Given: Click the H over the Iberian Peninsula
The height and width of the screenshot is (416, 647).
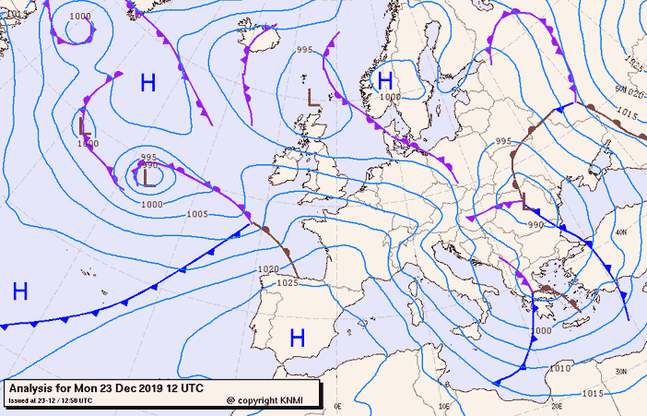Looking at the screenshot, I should coord(297,338).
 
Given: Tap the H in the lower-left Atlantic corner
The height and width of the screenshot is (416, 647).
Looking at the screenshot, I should coord(20,291).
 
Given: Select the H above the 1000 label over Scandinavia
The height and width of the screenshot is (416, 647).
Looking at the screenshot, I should coord(386,80).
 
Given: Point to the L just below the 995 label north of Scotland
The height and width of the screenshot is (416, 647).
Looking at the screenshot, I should coord(313,96).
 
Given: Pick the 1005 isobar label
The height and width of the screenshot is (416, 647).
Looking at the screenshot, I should coord(197,214).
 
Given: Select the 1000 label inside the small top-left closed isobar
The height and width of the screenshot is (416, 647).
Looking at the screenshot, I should coord(80,17).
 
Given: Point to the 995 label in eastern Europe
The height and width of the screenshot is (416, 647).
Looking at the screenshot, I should coord(503,141).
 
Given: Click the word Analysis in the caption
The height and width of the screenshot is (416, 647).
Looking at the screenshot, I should coord(35,388).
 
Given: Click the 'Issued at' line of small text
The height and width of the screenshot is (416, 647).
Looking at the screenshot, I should coord(50,401).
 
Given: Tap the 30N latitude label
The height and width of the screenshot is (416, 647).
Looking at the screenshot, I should coord(621,371).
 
